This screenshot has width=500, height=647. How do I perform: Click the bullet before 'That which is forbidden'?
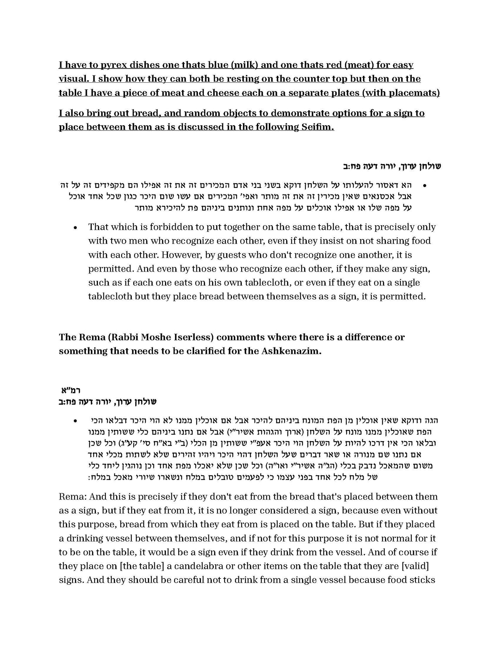tap(75, 228)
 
